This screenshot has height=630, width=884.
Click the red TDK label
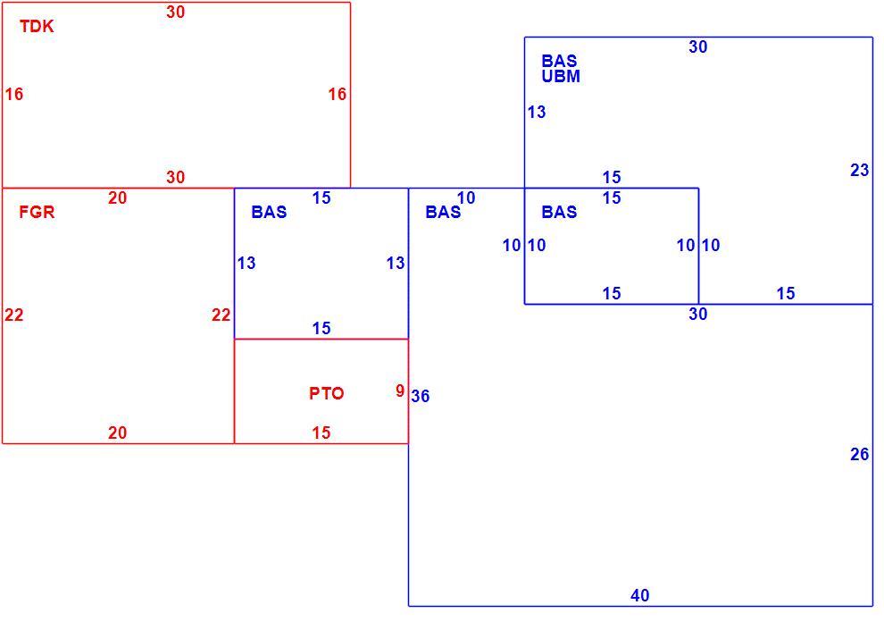tap(37, 27)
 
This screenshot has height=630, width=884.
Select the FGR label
tap(38, 212)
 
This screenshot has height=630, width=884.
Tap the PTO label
tap(327, 393)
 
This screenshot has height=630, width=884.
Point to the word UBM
tap(561, 76)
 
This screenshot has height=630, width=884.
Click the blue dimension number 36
tap(421, 397)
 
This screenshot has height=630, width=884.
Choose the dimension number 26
tap(860, 454)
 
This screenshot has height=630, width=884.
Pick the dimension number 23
tap(860, 170)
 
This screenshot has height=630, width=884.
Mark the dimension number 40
tap(640, 595)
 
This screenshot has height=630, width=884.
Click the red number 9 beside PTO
tap(400, 391)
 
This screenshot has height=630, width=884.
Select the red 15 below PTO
tap(321, 433)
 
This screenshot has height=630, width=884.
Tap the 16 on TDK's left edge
tap(14, 94)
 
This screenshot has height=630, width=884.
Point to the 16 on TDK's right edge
tap(338, 94)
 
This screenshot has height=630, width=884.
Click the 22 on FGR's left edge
tap(14, 315)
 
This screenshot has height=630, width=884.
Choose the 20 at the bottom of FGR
tap(117, 433)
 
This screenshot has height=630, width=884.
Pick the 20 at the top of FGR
tap(117, 198)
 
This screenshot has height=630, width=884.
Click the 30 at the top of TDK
tap(175, 12)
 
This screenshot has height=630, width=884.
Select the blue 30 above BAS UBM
tap(698, 46)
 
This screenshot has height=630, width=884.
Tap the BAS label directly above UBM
tap(559, 61)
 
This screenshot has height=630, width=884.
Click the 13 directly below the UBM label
tap(537, 113)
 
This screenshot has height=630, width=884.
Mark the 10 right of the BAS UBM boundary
tap(537, 246)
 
